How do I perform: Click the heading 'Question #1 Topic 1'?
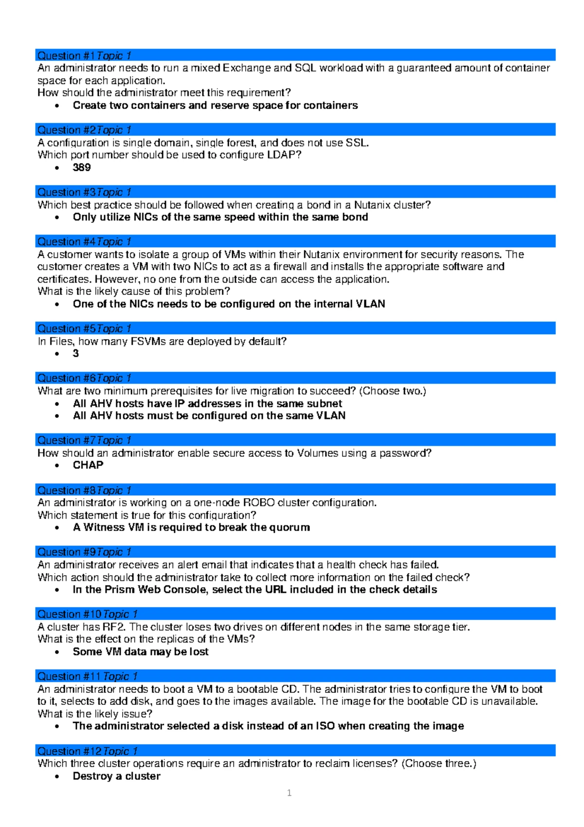(x=84, y=55)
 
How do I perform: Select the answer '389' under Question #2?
(x=82, y=167)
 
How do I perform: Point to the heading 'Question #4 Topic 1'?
(x=84, y=242)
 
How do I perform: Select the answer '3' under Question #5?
(x=76, y=354)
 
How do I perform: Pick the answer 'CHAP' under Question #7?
(x=88, y=465)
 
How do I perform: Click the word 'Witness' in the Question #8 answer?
(x=104, y=527)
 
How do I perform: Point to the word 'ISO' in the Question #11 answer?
(x=325, y=726)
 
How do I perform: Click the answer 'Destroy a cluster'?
(x=116, y=776)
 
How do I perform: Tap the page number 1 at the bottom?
(x=290, y=793)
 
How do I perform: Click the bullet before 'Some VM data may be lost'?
(x=57, y=652)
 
